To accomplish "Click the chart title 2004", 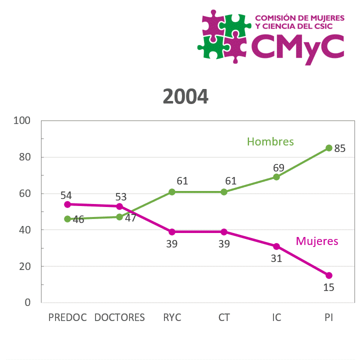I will pyautogui.click(x=185, y=96).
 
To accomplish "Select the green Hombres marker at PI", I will pyautogui.click(x=328, y=148).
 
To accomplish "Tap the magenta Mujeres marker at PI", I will pyautogui.click(x=328, y=275).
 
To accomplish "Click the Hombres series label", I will pyautogui.click(x=270, y=141).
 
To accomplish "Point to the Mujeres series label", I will pyautogui.click(x=317, y=241).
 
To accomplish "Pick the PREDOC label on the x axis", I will pyautogui.click(x=67, y=317).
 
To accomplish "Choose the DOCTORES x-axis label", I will pyautogui.click(x=119, y=317).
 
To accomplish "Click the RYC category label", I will pyautogui.click(x=172, y=317).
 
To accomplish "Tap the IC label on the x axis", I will pyautogui.click(x=276, y=317).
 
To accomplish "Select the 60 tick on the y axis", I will pyautogui.click(x=25, y=193).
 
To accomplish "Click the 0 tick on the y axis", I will pyautogui.click(x=28, y=302).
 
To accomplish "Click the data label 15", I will pyautogui.click(x=328, y=287).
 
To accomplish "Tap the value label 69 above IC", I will pyautogui.click(x=279, y=167).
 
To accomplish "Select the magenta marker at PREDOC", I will pyautogui.click(x=67, y=204).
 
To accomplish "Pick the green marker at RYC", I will pyautogui.click(x=172, y=192).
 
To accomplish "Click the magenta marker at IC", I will pyautogui.click(x=276, y=246).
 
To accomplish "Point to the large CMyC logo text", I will pyautogui.click(x=298, y=47).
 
